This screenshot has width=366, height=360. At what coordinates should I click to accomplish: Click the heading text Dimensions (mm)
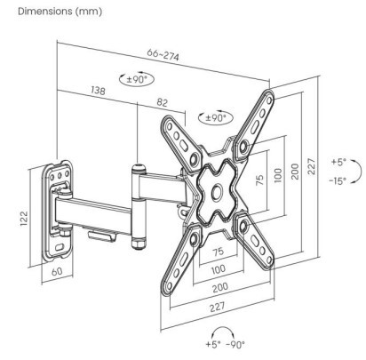pyautogui.click(x=60, y=12)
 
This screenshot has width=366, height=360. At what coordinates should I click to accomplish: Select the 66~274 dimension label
pyautogui.click(x=163, y=54)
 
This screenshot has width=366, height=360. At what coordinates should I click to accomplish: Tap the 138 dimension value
pyautogui.click(x=98, y=90)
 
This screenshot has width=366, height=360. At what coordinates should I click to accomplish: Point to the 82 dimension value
pyautogui.click(x=162, y=102)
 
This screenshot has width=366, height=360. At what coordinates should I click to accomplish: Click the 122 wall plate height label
pyautogui.click(x=24, y=219)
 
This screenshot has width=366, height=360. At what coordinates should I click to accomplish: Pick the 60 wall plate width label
pyautogui.click(x=57, y=271)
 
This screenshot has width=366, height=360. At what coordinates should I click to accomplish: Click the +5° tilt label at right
pyautogui.click(x=338, y=162)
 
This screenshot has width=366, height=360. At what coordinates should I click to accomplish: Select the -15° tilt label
pyautogui.click(x=338, y=180)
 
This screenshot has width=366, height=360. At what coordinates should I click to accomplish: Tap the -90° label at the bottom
pyautogui.click(x=235, y=345)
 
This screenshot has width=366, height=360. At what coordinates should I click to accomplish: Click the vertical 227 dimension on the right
pyautogui.click(x=312, y=166)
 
